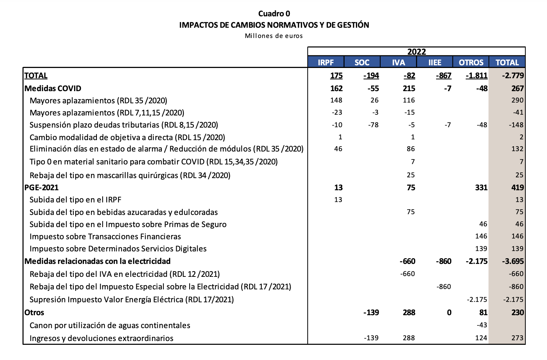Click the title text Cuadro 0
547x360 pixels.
(x=274, y=14)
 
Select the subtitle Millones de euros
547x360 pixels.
(x=274, y=36)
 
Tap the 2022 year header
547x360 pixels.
(x=416, y=52)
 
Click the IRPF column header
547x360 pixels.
(x=326, y=62)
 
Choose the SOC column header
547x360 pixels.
(x=362, y=62)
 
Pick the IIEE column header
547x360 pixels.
(x=435, y=62)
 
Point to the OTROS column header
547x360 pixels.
(x=471, y=62)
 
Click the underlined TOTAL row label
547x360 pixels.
(x=36, y=76)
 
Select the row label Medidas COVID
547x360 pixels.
(x=53, y=88)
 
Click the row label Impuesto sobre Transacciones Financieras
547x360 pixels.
(x=105, y=237)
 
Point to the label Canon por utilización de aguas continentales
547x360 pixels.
(x=110, y=325)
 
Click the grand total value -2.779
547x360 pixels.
(x=513, y=76)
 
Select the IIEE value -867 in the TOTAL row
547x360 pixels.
(x=444, y=76)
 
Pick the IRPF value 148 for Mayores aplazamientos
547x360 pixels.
(x=336, y=100)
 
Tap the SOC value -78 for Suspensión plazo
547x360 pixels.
(x=373, y=125)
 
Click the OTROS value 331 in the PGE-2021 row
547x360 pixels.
(x=481, y=188)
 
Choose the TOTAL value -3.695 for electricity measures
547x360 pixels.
(x=513, y=261)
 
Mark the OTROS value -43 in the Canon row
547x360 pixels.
(x=482, y=325)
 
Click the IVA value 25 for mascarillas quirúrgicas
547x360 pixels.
(x=410, y=175)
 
